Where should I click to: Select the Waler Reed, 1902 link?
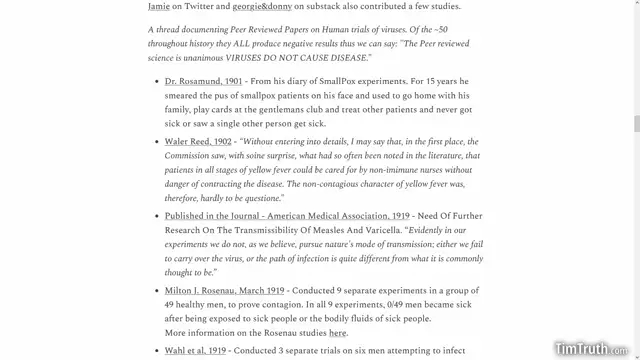click(x=198, y=142)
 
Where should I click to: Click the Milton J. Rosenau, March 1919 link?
click(x=224, y=290)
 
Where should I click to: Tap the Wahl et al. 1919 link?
click(x=195, y=351)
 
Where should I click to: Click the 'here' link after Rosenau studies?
click(x=338, y=332)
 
